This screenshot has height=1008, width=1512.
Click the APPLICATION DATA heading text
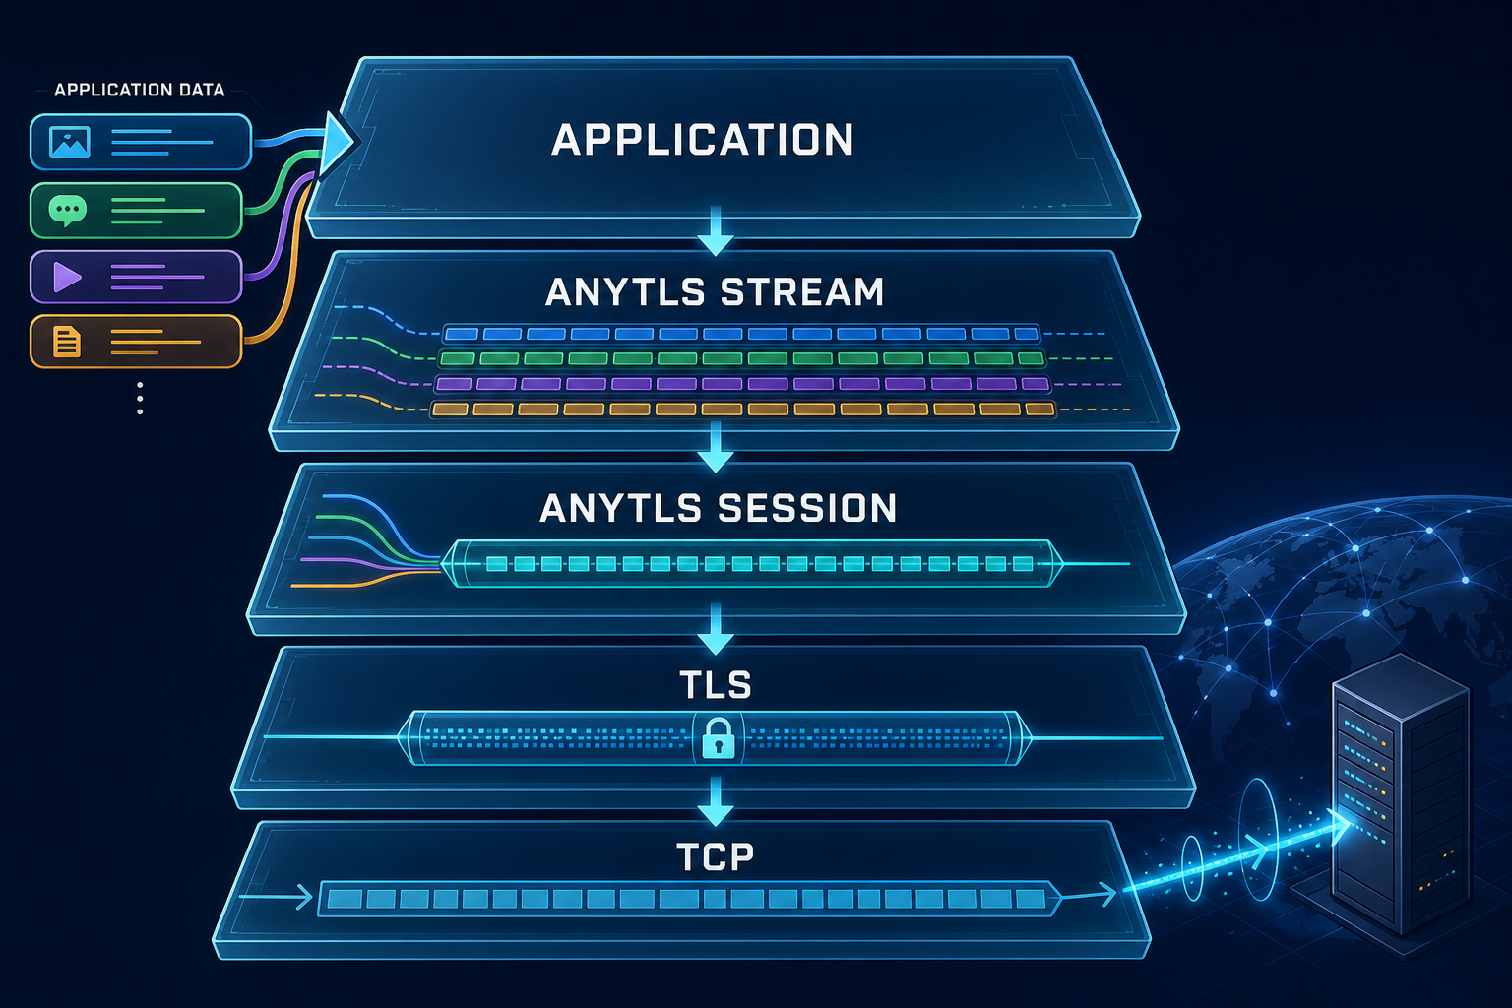pos(139,90)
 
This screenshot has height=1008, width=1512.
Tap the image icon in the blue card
pos(70,142)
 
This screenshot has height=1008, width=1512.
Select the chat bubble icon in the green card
pos(68,210)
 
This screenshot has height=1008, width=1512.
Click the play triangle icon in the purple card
pos(68,277)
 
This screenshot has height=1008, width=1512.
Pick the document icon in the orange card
pos(67,342)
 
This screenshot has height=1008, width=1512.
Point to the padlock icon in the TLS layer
pos(718,738)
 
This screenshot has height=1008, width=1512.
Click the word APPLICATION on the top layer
pos(703,140)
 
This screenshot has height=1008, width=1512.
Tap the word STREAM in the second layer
pos(802,292)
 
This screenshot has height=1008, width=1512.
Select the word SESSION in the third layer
pos(806,508)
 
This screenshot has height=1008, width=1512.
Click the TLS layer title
pos(716,684)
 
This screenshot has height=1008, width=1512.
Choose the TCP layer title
pos(715,856)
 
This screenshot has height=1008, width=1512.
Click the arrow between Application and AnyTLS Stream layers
pos(716,230)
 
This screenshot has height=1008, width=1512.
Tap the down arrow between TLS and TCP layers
pos(716,801)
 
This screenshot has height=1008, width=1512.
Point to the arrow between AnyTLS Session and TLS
pos(716,629)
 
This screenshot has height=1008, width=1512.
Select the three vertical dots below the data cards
pos(140,399)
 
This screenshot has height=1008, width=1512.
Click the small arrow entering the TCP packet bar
pos(276,898)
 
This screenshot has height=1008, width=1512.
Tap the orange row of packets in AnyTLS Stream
pos(743,409)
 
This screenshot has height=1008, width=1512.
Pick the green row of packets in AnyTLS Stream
pos(742,358)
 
